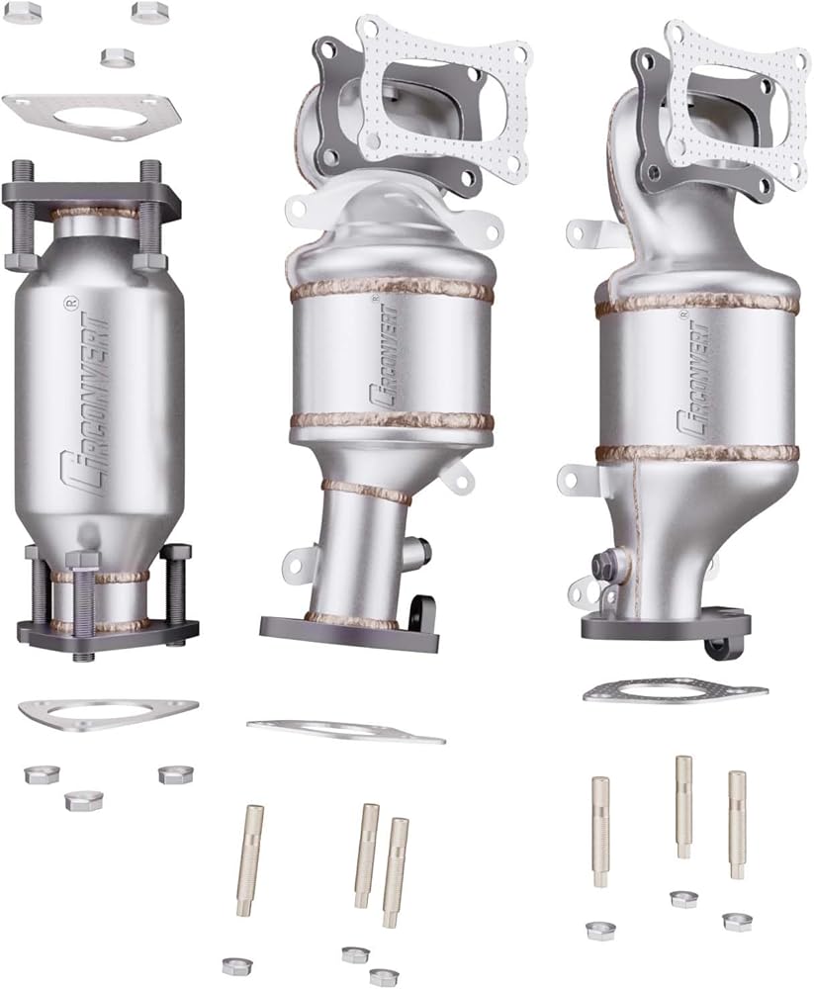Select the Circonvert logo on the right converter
point(693,379)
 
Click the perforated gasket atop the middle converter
point(442,95)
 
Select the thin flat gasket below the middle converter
point(346,730)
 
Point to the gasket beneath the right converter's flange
point(676,692)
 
